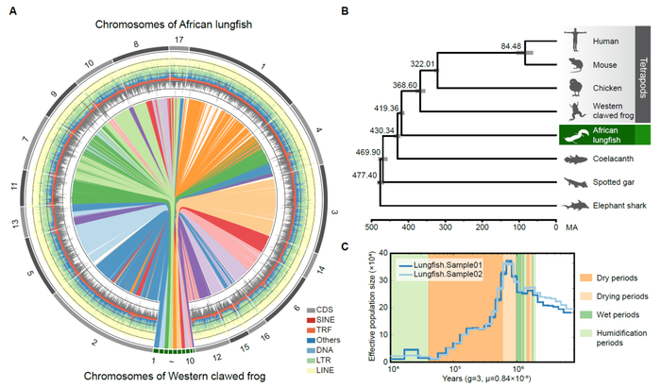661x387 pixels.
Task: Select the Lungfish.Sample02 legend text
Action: coord(443,274)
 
